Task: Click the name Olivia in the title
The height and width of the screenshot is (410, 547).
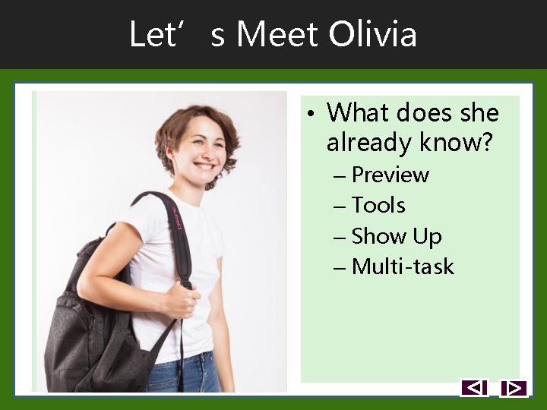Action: point(372,35)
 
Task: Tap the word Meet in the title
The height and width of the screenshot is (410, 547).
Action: point(278,35)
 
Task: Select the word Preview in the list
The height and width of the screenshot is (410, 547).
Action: point(390,175)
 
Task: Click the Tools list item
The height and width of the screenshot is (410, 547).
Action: point(378,205)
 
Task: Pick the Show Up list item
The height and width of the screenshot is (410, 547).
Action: point(397,236)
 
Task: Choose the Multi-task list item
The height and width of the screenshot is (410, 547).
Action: point(403,266)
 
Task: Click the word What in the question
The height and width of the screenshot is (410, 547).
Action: point(356,113)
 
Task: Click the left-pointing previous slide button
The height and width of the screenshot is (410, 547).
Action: point(474,388)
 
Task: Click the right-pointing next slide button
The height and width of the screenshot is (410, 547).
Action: point(514,388)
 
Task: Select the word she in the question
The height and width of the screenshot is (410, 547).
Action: point(479,113)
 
